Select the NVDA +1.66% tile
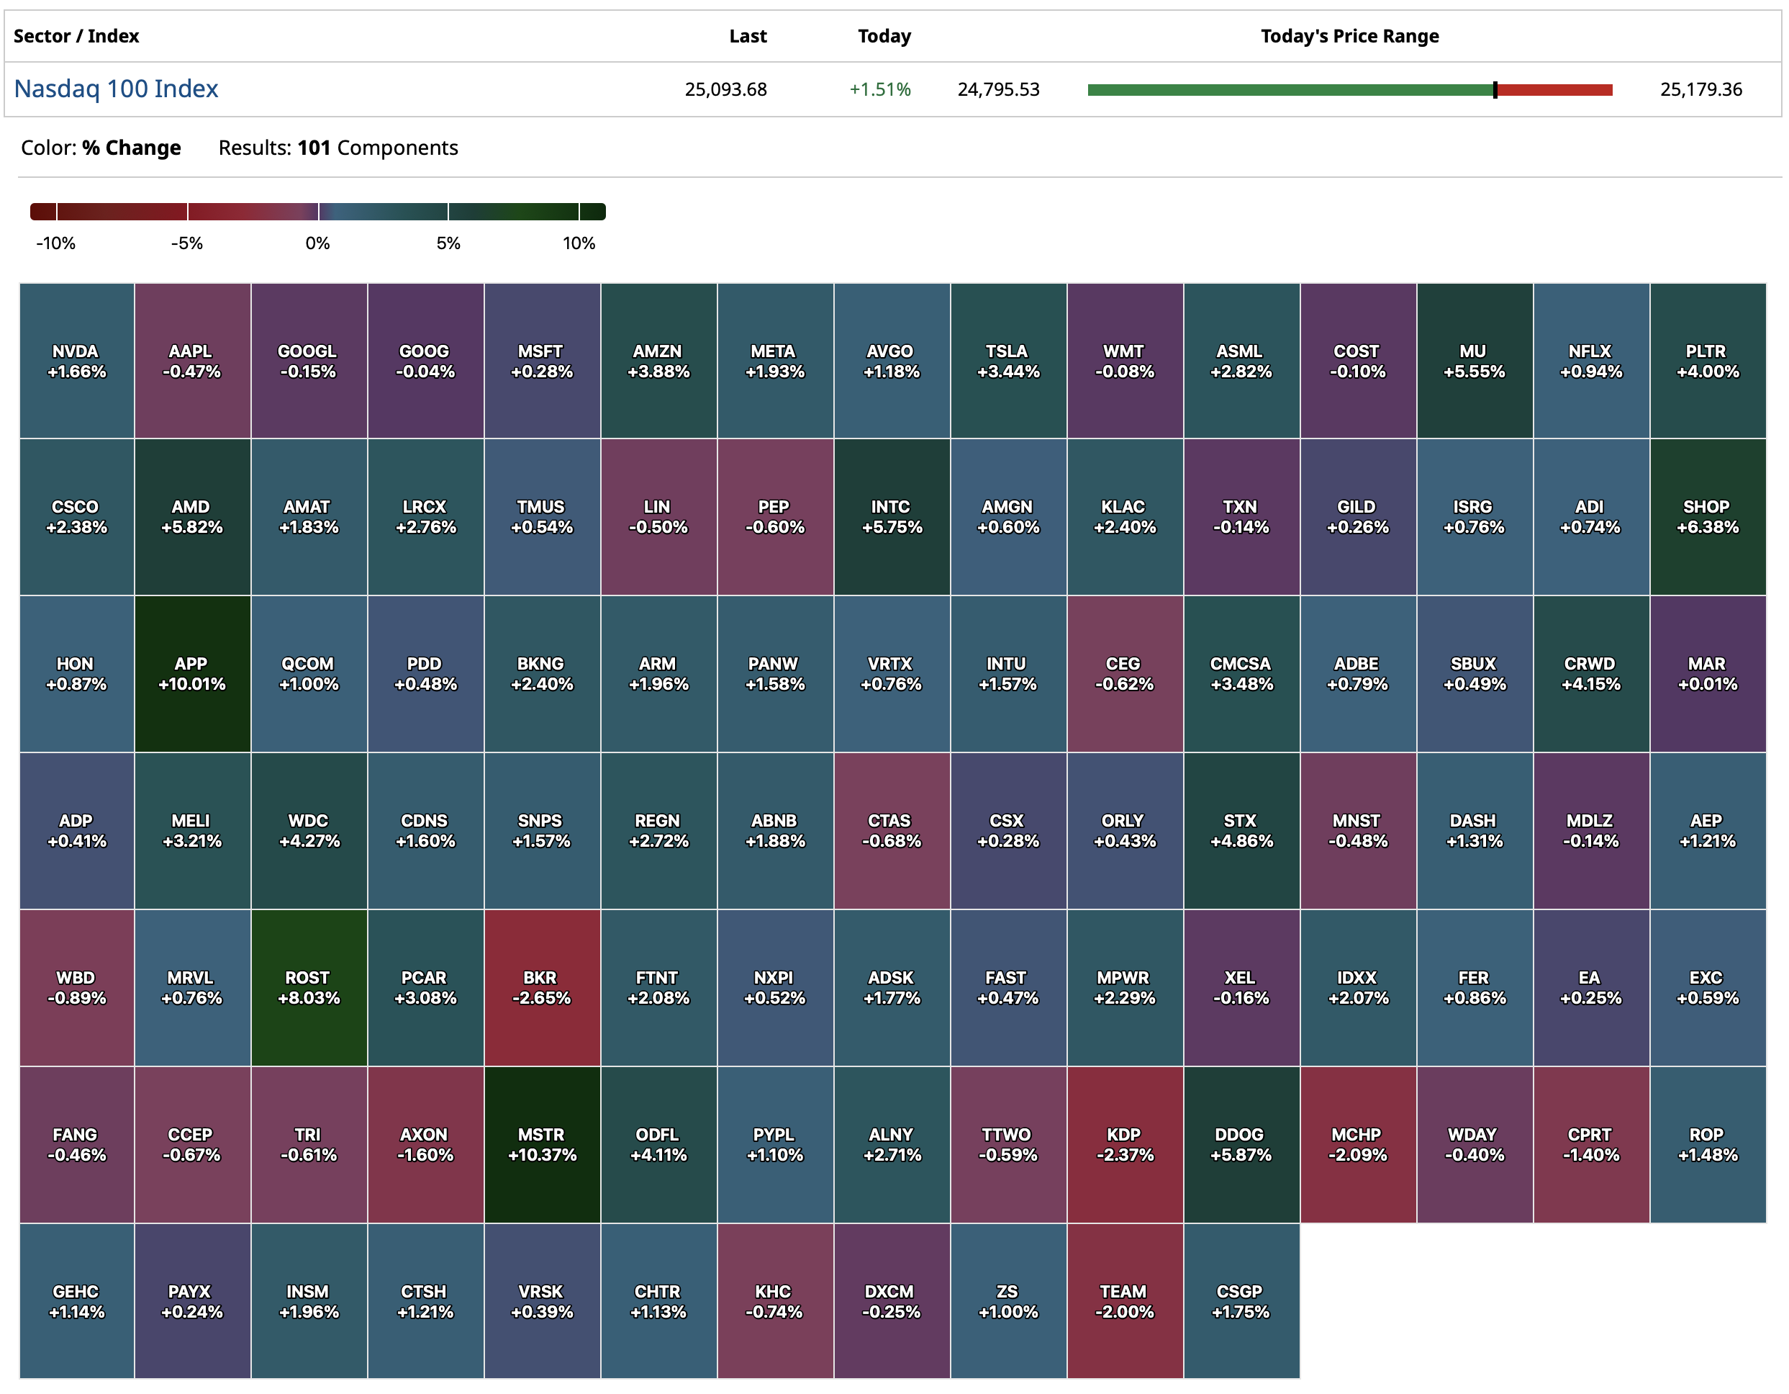click(x=77, y=361)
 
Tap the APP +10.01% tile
click(x=192, y=674)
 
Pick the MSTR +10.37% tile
click(x=541, y=1144)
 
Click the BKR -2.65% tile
click(x=541, y=987)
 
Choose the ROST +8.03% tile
click(x=309, y=987)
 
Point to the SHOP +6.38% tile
click(x=1707, y=516)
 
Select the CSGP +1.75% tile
click(x=1240, y=1300)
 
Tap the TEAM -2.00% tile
click(x=1124, y=1300)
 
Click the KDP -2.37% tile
click(x=1124, y=1144)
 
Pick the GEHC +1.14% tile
click(x=77, y=1300)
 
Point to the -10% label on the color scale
click(x=55, y=243)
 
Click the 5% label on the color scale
click(x=448, y=243)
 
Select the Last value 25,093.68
click(x=726, y=89)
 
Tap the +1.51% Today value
click(x=880, y=89)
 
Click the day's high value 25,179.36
click(x=1700, y=89)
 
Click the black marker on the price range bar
click(x=1495, y=90)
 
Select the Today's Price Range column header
click(x=1349, y=36)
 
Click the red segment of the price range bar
click(x=1554, y=90)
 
